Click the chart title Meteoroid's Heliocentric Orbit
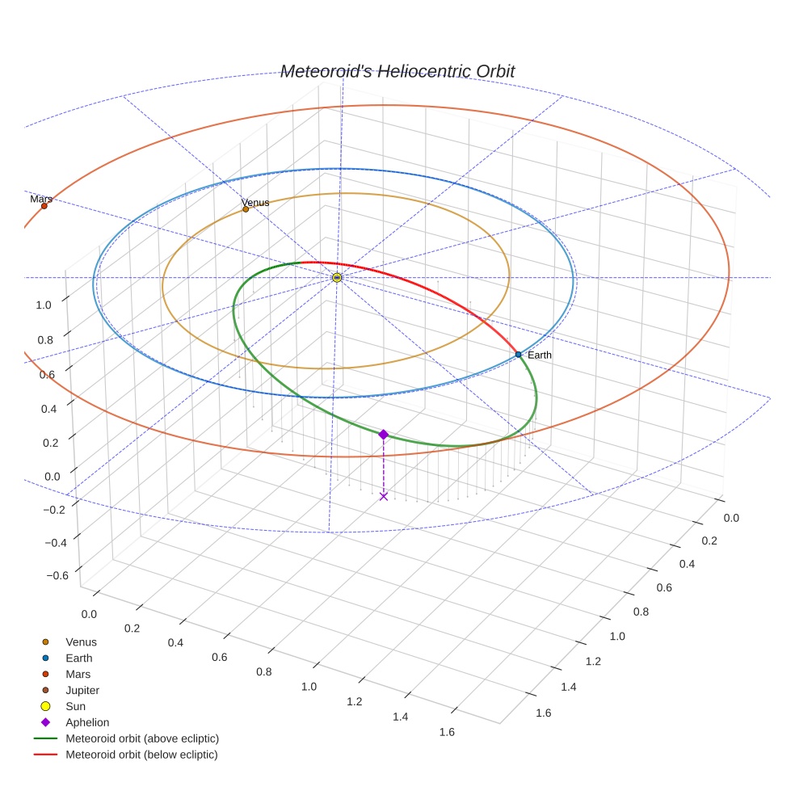[x=397, y=72]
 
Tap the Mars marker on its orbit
[x=44, y=206]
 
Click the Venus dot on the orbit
[x=246, y=209]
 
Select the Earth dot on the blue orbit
[x=518, y=355]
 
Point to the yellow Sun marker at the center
[x=337, y=278]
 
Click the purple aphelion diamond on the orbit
[x=384, y=435]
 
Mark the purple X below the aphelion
[x=384, y=496]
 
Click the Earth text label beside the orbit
[x=540, y=355]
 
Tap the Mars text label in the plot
[x=41, y=199]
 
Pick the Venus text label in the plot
[x=255, y=203]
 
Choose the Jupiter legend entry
[x=82, y=691]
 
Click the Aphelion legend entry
[x=87, y=723]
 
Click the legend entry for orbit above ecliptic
[x=142, y=738]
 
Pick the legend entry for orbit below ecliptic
[x=141, y=755]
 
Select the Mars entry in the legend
[x=78, y=675]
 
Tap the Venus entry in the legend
[x=81, y=642]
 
